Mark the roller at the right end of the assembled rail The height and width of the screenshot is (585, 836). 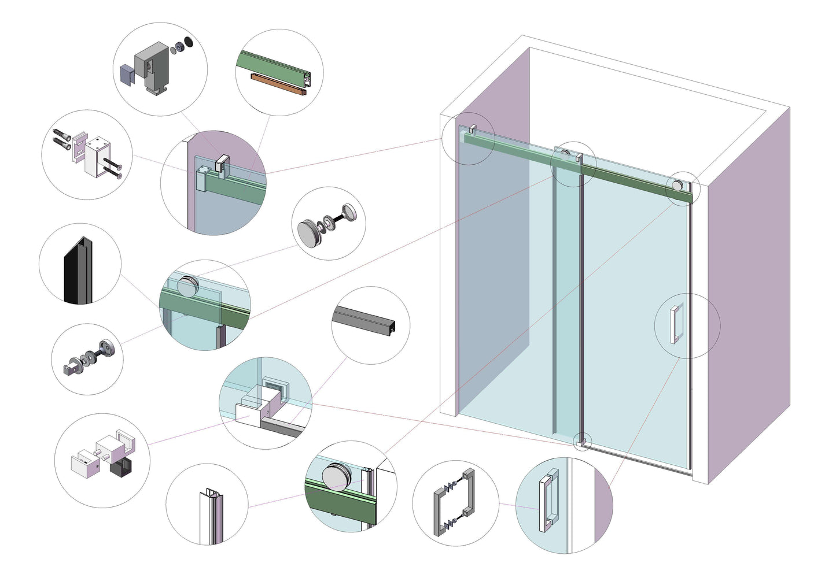[676, 186]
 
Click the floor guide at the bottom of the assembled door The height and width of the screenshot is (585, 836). [583, 442]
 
